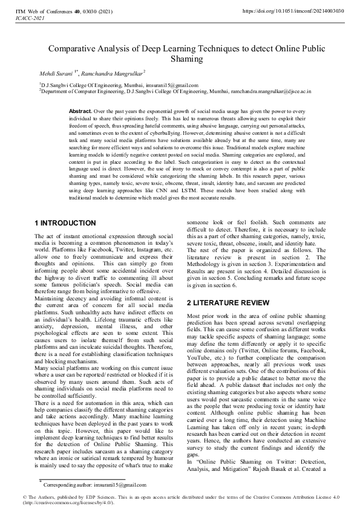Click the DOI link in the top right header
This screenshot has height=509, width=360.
point(293,11)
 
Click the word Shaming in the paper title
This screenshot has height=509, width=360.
point(180,60)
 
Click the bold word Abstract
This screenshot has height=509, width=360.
point(80,112)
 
